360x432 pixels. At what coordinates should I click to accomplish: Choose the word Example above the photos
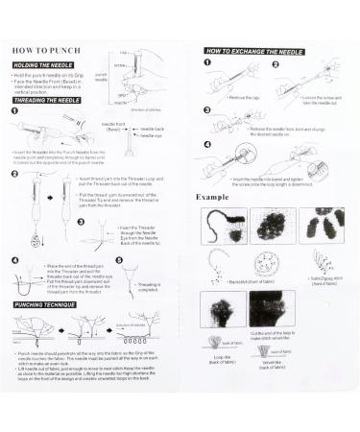tap(213, 197)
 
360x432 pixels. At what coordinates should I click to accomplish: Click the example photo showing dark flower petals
tap(323, 228)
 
